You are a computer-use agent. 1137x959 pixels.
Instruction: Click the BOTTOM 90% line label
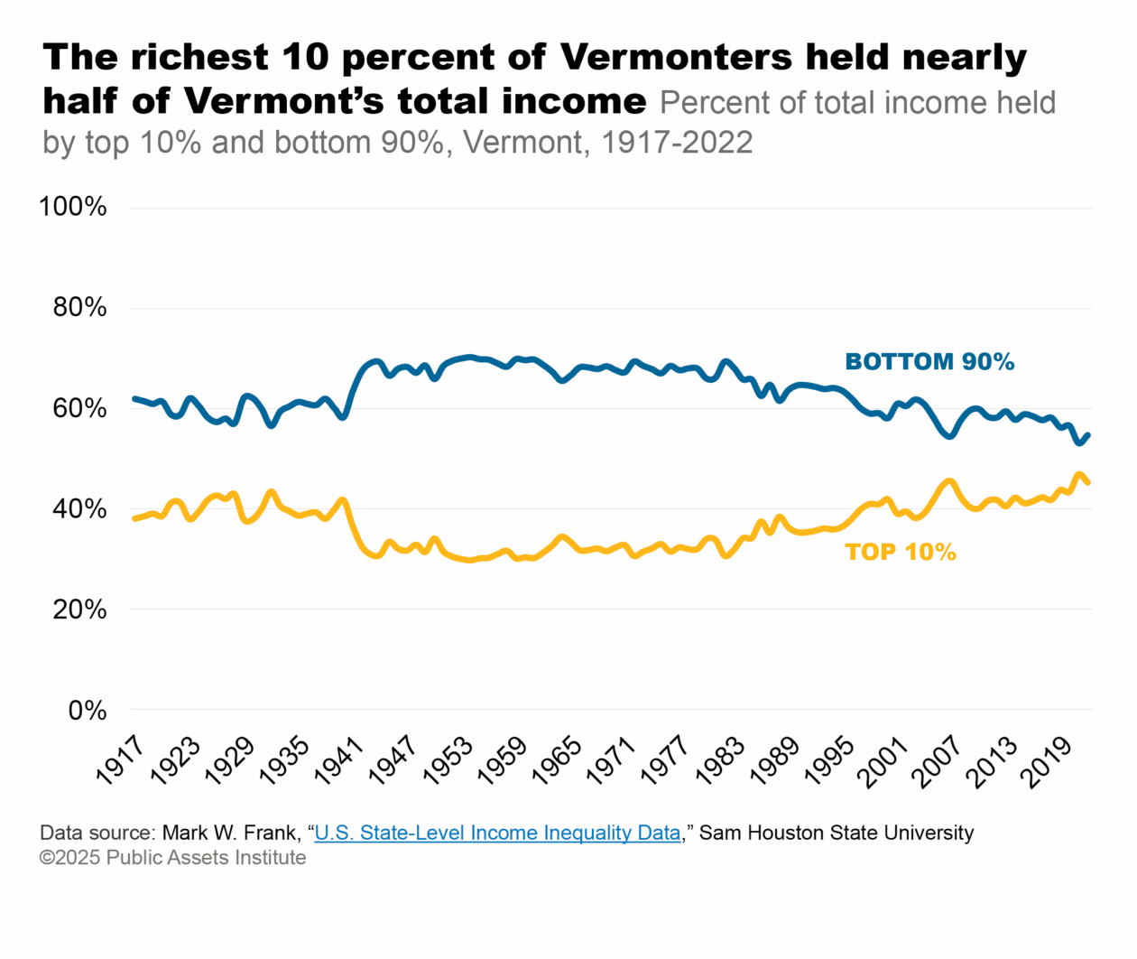929,362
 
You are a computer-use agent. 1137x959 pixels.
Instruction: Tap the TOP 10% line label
900,552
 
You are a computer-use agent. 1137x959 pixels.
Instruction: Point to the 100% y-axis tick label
72,207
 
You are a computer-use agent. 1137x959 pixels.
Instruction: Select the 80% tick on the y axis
79,308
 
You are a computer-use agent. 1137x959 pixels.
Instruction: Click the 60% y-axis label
79,408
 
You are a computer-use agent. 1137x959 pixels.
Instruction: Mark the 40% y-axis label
79,509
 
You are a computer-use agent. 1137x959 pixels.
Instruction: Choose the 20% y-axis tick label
79,610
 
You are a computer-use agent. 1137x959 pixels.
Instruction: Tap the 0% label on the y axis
87,711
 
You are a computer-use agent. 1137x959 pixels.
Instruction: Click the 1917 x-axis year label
120,760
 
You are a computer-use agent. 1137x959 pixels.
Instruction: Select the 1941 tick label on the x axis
338,760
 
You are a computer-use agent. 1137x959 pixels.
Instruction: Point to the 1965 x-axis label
557,760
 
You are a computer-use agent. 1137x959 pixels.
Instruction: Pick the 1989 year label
775,760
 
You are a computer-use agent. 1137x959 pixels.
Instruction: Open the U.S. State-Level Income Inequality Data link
497,833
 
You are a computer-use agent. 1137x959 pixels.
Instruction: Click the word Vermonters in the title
676,58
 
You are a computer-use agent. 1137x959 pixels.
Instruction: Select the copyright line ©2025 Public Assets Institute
172,857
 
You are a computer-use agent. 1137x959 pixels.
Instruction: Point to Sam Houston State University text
837,833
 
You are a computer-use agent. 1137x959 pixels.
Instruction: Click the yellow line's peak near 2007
947,481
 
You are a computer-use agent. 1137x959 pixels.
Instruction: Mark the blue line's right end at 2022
1088,435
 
